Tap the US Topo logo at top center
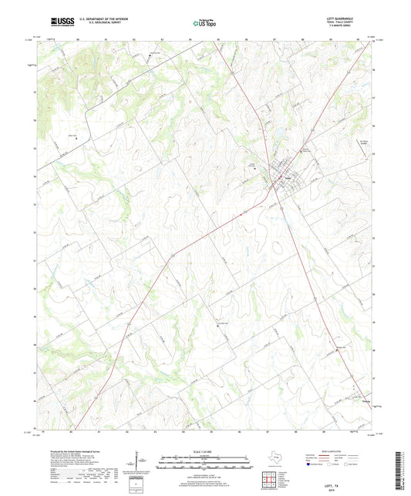point(204,23)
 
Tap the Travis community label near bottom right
point(345,400)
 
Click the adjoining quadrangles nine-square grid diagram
point(270,474)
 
